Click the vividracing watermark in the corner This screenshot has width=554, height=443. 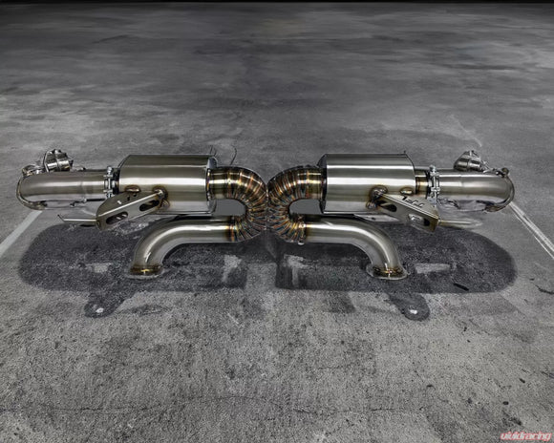[x=525, y=436]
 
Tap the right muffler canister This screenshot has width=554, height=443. [x=368, y=183]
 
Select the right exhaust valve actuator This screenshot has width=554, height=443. [x=469, y=160]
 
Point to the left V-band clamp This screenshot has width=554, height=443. [x=109, y=182]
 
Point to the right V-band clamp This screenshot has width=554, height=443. [x=434, y=182]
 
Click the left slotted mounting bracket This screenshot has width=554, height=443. [x=130, y=209]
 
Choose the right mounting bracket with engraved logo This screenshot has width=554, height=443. [x=406, y=208]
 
